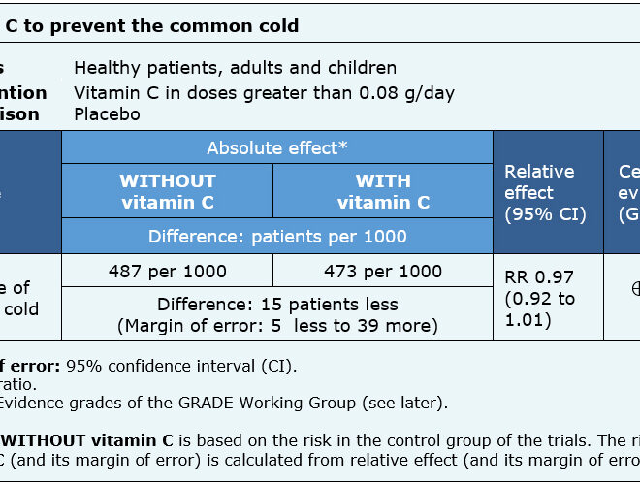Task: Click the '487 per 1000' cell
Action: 167,272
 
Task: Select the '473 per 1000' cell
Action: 383,272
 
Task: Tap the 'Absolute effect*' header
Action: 276,147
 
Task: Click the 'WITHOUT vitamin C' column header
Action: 167,191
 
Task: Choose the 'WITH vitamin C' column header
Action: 383,191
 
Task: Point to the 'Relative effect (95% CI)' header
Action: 546,192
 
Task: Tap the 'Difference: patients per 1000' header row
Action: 276,237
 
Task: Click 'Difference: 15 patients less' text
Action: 276,304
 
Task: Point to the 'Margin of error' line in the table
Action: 276,326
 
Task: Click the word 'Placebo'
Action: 107,114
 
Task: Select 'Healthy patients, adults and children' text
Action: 235,68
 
